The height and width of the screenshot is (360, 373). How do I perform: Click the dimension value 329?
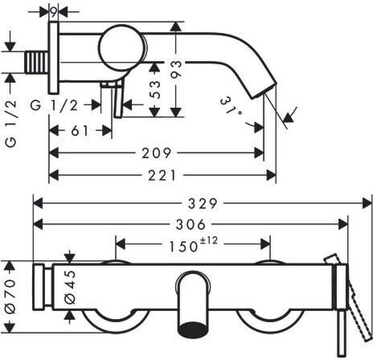[x=203, y=203]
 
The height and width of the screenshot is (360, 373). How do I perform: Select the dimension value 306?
[x=191, y=224]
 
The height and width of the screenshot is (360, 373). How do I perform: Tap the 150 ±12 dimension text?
[x=193, y=244]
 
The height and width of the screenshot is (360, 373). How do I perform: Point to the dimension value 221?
[x=162, y=175]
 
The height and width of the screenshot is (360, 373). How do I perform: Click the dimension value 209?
[x=156, y=153]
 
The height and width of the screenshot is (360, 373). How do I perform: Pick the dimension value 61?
[x=80, y=131]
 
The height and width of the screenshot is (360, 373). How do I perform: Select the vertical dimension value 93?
[x=176, y=69]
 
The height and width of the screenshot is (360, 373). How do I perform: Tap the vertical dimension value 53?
[x=154, y=89]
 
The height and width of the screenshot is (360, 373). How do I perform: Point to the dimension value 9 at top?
[x=54, y=11]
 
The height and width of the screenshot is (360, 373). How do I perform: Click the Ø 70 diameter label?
[x=10, y=297]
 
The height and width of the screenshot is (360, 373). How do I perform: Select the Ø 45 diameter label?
[x=70, y=287]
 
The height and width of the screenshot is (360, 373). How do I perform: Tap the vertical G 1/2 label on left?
[x=11, y=124]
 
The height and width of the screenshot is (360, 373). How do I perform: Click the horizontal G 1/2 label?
[x=54, y=105]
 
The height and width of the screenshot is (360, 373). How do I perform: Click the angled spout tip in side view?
[x=262, y=91]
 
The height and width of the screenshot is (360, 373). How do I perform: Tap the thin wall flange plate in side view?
[x=54, y=58]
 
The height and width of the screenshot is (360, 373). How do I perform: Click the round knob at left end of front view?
[x=39, y=287]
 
